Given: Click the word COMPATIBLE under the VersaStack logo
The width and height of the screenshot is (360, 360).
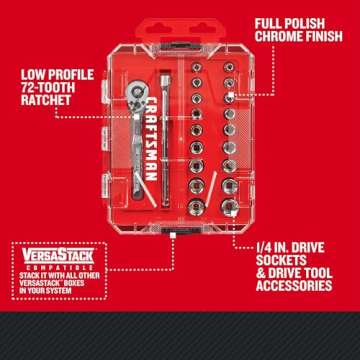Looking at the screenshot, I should [x=47, y=265].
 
